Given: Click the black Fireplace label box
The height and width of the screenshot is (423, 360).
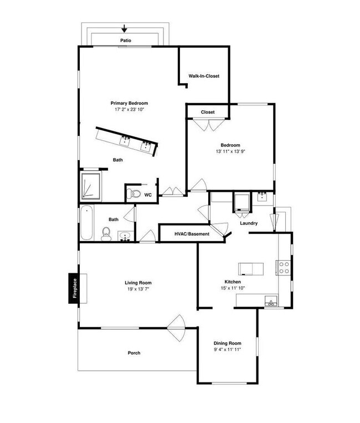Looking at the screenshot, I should click(x=73, y=288).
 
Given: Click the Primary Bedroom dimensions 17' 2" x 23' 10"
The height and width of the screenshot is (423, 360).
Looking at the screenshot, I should click(x=129, y=110).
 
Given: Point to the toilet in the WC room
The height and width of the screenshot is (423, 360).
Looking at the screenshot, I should click(x=131, y=193).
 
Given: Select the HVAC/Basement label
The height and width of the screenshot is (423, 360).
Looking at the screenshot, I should click(x=192, y=234).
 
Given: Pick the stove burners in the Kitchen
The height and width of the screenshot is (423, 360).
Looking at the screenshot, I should click(x=284, y=268).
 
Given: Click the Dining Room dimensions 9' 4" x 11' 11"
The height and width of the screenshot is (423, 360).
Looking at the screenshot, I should click(x=228, y=350).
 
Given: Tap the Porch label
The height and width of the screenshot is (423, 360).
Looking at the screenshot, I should click(x=133, y=353).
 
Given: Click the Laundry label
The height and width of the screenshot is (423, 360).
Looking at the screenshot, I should click(x=249, y=223).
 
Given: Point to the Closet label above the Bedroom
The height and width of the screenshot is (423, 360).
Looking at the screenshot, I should click(x=208, y=113).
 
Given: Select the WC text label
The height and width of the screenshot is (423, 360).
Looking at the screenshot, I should click(x=148, y=195).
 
